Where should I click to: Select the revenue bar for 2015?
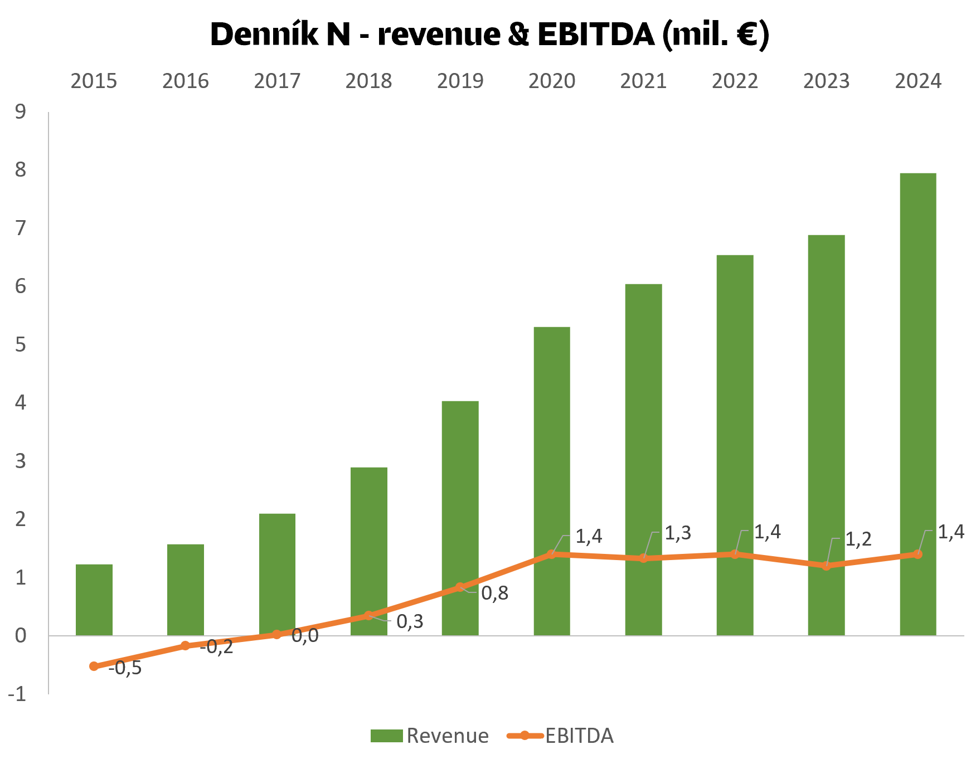tap(94, 600)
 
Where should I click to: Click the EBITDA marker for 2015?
tap(94, 666)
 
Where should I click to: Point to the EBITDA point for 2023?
tap(826, 566)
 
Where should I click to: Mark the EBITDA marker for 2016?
tap(185, 645)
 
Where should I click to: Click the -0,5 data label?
tap(125, 668)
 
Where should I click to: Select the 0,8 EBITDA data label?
tap(494, 593)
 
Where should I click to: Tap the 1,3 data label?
tap(678, 533)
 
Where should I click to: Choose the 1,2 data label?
tap(858, 539)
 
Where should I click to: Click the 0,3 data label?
tap(410, 621)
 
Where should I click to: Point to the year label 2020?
tap(551, 81)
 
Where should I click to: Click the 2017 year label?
tap(277, 81)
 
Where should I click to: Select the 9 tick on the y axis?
tap(21, 112)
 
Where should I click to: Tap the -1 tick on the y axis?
tap(17, 694)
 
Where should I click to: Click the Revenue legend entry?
tap(430, 736)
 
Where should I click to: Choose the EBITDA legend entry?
tap(560, 736)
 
